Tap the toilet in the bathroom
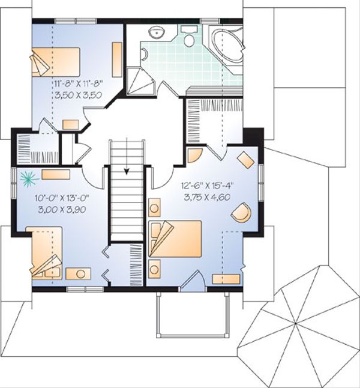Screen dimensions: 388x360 pos(190,39)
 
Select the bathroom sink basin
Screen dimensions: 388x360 pos(158,32)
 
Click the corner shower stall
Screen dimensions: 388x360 pos(142,82)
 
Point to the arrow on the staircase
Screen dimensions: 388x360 pos(127,171)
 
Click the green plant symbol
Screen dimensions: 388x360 pos(28,177)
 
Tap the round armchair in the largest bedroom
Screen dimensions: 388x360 pos(241,213)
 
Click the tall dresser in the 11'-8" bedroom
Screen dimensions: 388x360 pos(116,60)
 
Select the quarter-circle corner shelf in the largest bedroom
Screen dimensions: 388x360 pos(194,156)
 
